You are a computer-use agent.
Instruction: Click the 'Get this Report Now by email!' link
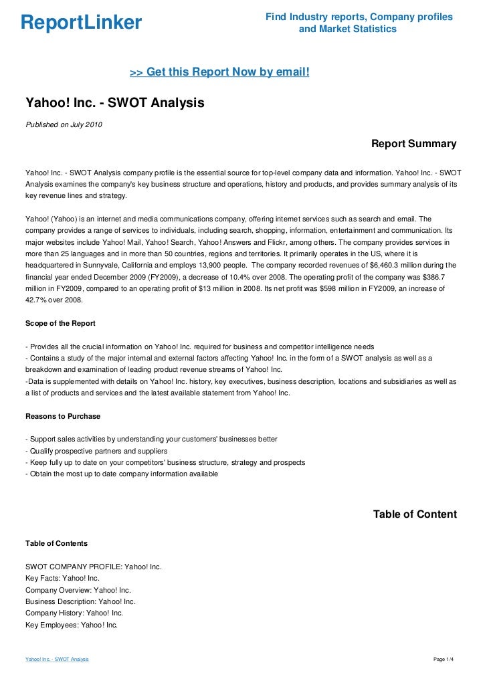pyautogui.click(x=219, y=71)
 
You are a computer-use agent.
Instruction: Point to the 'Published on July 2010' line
pyautogui.click(x=64, y=124)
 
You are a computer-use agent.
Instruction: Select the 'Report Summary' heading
pyautogui.click(x=413, y=144)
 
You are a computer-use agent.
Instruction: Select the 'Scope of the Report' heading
pyautogui.click(x=60, y=324)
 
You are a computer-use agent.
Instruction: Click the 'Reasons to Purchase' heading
pyautogui.click(x=63, y=416)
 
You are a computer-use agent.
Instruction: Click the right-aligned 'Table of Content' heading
pyautogui.click(x=415, y=514)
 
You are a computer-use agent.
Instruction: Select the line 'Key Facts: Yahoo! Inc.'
pyautogui.click(x=62, y=578)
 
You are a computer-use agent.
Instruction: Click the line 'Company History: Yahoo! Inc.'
pyautogui.click(x=74, y=613)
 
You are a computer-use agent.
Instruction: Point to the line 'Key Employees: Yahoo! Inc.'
pyautogui.click(x=72, y=625)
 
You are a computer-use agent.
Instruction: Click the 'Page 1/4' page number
pyautogui.click(x=444, y=660)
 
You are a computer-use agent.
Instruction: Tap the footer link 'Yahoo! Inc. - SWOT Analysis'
pyautogui.click(x=57, y=660)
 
